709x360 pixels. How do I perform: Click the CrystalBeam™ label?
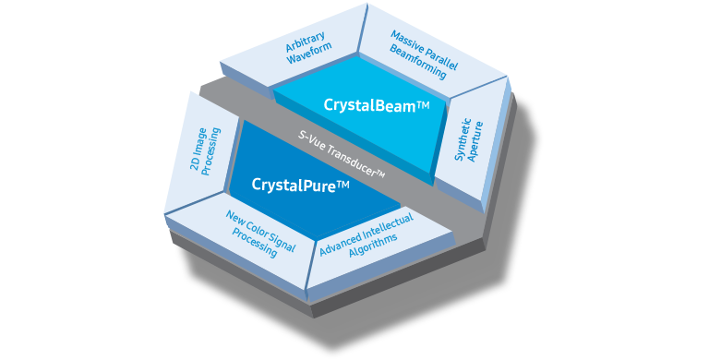tap(377, 105)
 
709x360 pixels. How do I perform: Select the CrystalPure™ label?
tap(300, 185)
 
